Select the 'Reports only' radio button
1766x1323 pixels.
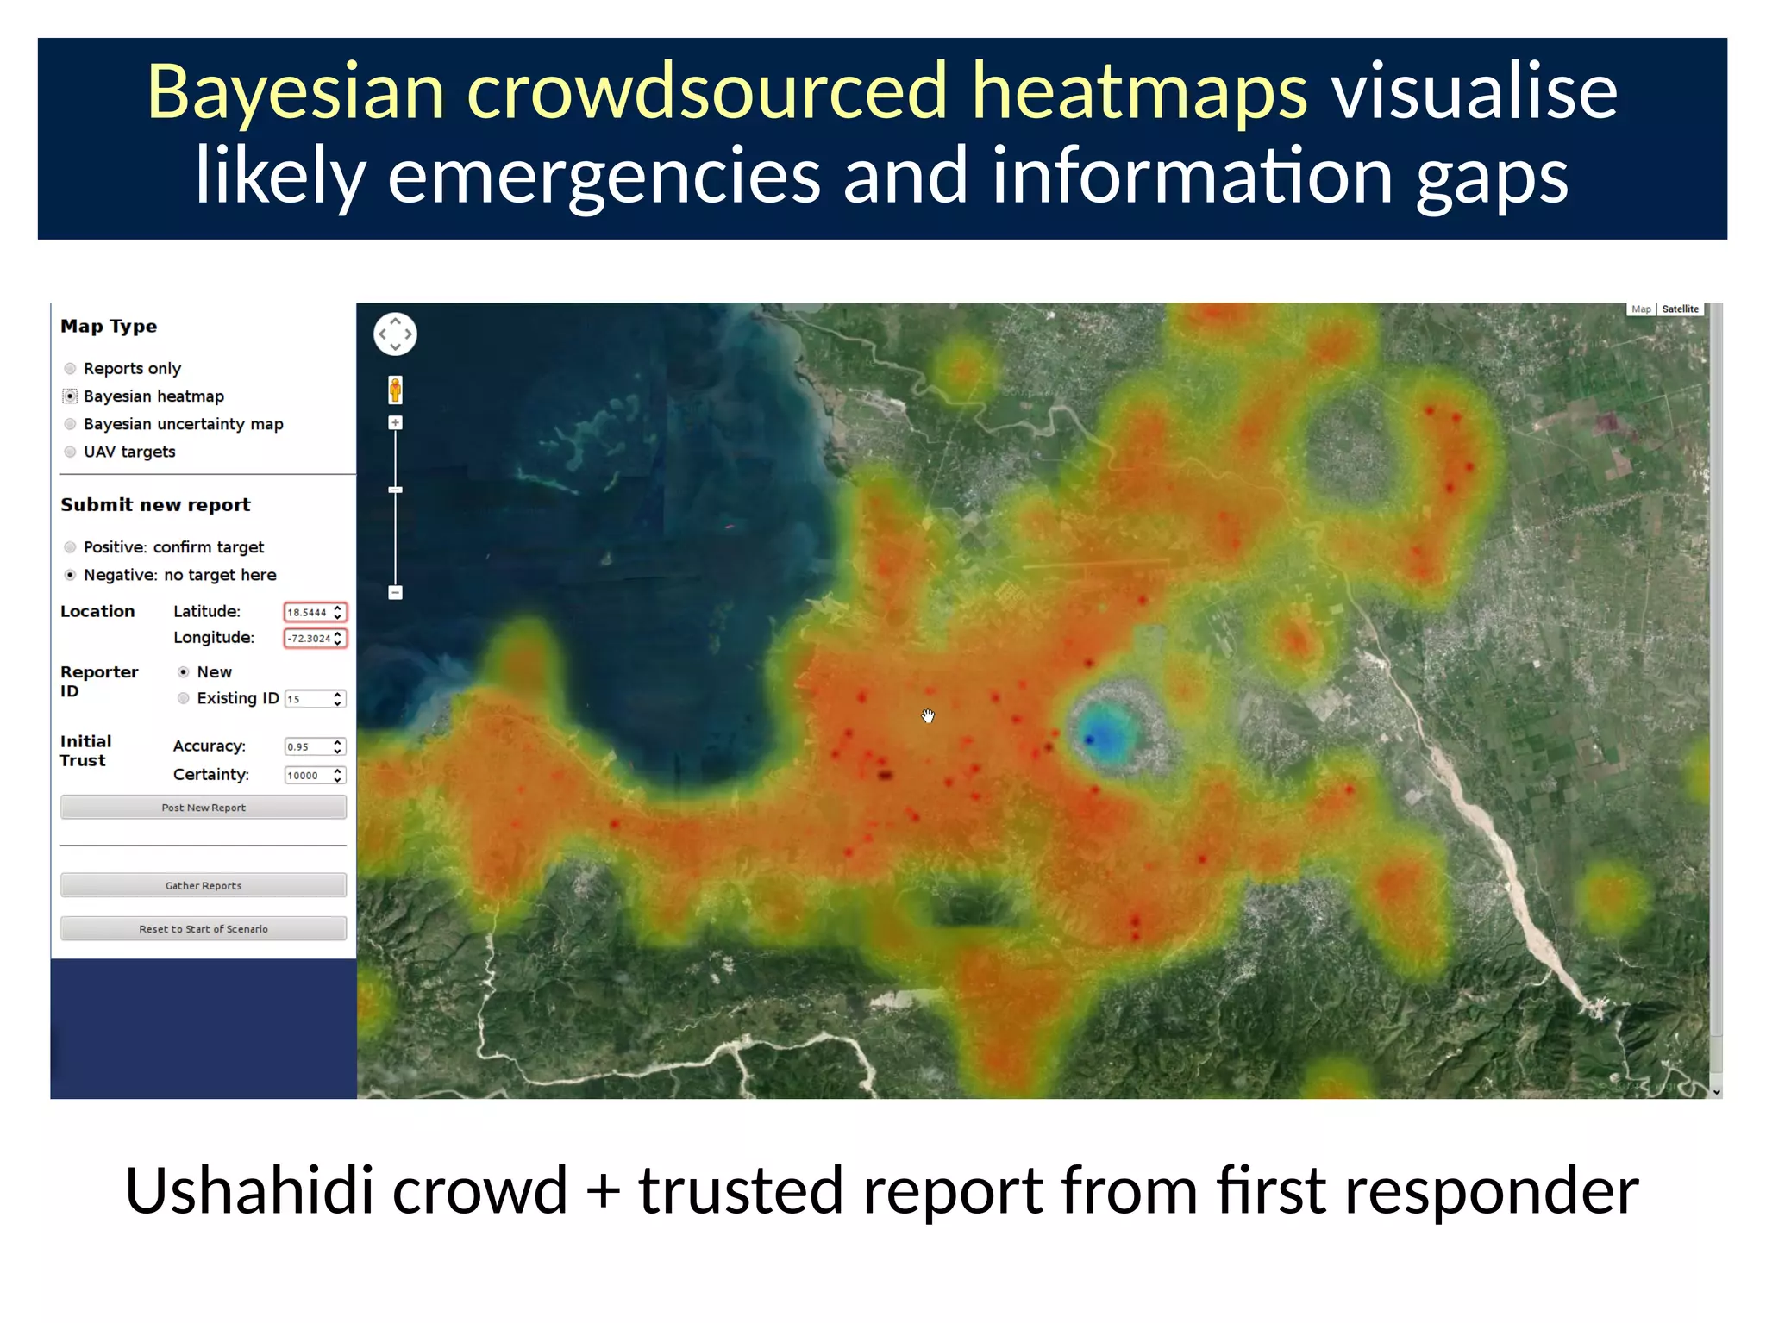(71, 369)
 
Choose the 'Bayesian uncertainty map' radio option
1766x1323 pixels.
(71, 424)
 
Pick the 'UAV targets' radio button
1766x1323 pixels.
(71, 452)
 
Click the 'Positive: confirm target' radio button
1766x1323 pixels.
(71, 547)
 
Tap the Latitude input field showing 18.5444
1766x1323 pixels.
(308, 612)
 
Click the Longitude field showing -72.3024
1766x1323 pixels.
(309, 638)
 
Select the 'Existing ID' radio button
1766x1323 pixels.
(183, 698)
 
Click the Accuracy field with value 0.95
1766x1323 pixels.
(308, 746)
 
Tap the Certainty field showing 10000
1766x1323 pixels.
(308, 775)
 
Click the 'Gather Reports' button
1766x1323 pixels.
(204, 885)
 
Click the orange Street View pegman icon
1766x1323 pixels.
(395, 390)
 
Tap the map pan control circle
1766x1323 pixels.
(395, 334)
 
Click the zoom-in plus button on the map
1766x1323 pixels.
(395, 422)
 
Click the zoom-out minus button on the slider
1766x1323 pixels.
(395, 592)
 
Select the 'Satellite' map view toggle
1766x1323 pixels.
(1680, 309)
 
